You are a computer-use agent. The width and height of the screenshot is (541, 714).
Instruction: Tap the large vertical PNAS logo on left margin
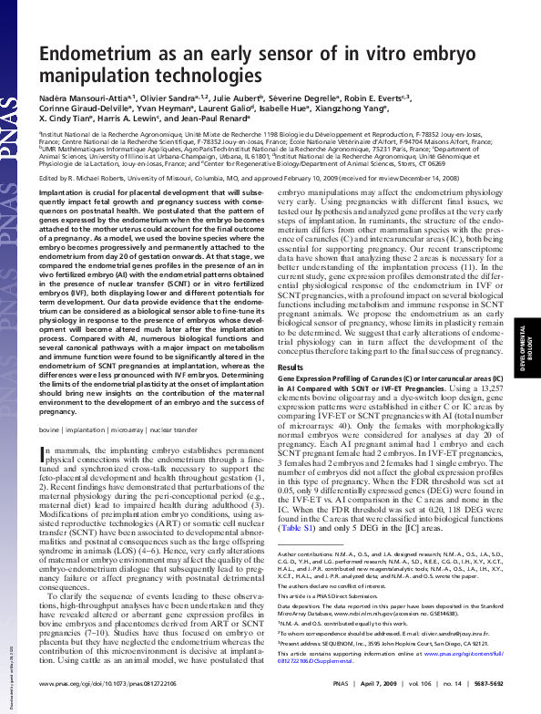14,73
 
